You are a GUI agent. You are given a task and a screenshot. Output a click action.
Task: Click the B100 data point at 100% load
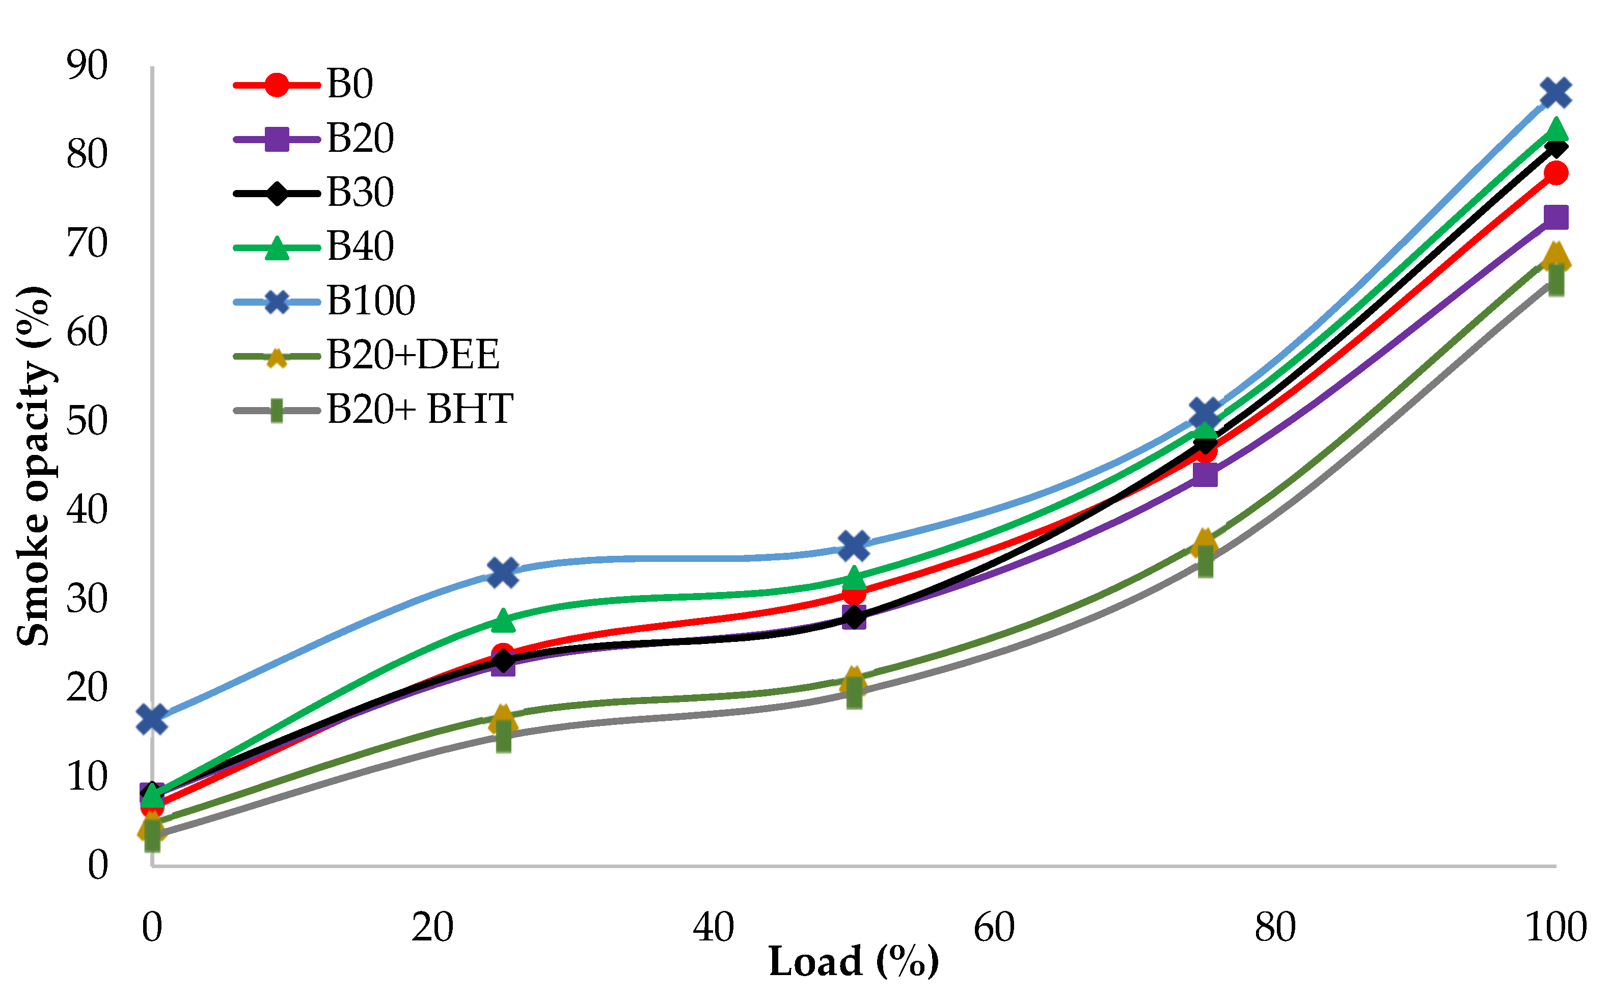pyautogui.click(x=1555, y=92)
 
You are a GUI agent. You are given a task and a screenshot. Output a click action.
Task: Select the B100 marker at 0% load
pyautogui.click(x=152, y=719)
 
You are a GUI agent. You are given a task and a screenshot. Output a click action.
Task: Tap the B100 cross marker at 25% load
pyautogui.click(x=503, y=572)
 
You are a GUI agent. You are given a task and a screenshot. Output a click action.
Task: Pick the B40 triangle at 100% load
pyautogui.click(x=1555, y=128)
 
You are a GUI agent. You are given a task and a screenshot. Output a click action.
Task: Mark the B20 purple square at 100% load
pyautogui.click(x=1555, y=217)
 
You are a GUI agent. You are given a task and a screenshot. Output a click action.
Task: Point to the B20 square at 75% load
pyautogui.click(x=1205, y=475)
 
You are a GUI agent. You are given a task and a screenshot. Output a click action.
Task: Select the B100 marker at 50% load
pyautogui.click(x=854, y=545)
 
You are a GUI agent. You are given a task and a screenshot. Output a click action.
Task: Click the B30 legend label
pyautogui.click(x=360, y=192)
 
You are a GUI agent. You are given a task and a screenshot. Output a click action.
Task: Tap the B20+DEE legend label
pyautogui.click(x=413, y=355)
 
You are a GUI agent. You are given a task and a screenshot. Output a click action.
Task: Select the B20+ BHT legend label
pyautogui.click(x=420, y=409)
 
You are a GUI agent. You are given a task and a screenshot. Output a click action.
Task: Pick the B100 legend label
pyautogui.click(x=371, y=301)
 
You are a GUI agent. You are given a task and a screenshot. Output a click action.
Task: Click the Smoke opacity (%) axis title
pyautogui.click(x=34, y=466)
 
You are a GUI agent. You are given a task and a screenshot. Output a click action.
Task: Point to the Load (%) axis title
pyautogui.click(x=853, y=962)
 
